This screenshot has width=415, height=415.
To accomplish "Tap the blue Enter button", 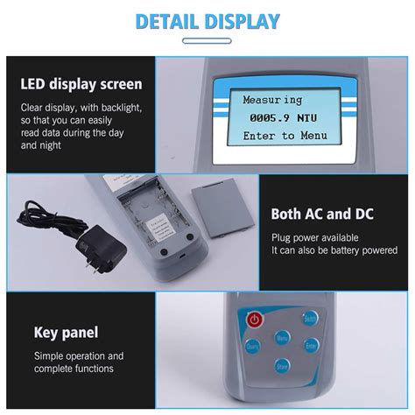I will (x=311, y=346).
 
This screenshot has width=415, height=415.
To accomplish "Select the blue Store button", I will (x=281, y=365).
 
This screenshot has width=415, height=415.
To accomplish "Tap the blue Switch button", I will (x=309, y=320).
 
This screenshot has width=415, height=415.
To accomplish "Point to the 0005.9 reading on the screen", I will (x=266, y=117).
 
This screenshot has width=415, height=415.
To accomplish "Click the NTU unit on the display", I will (x=307, y=117).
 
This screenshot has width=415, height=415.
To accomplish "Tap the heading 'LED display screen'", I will (x=81, y=85).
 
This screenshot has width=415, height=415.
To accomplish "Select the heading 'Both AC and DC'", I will (x=320, y=213).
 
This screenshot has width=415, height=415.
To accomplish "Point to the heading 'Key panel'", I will (x=67, y=332).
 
